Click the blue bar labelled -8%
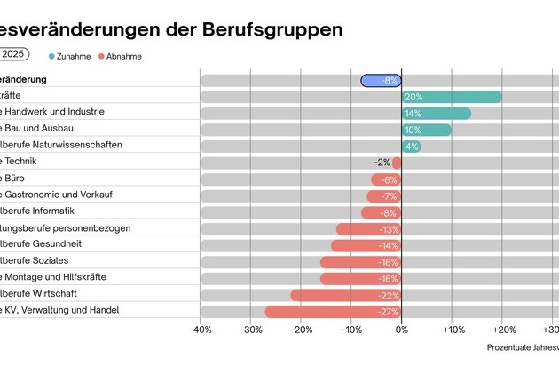382,80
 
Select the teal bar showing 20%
452,97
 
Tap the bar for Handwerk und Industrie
437,113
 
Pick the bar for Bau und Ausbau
427,130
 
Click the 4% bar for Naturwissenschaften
412,146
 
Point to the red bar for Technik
398,163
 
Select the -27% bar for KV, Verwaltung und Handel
334,311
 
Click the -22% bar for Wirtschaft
346,295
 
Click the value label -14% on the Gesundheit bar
389,245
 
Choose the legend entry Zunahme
72,56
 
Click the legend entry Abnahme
122,56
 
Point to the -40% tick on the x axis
201,330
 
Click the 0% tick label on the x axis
402,330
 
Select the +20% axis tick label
502,330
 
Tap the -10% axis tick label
351,330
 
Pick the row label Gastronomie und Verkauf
56,195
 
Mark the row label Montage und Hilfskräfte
53,277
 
